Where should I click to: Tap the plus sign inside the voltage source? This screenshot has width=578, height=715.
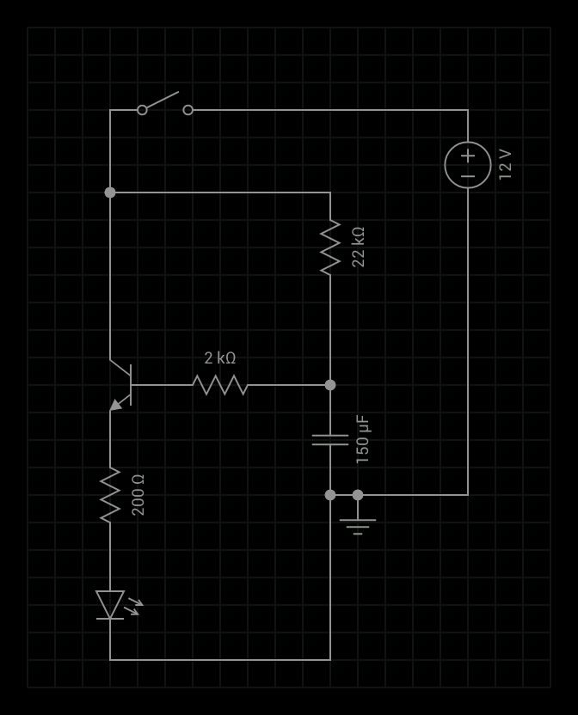tap(468, 156)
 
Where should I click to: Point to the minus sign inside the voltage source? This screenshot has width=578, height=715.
tap(468, 176)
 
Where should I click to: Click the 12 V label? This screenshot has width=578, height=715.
tap(505, 165)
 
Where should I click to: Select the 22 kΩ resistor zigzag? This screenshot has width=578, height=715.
tap(330, 247)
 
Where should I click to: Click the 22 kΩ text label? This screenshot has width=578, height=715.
tap(359, 247)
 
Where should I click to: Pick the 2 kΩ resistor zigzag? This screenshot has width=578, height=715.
tap(220, 385)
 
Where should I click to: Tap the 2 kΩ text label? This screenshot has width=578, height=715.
tap(220, 358)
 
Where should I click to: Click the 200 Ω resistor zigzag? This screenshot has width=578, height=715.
tap(110, 495)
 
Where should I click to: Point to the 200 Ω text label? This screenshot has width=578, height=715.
tap(138, 495)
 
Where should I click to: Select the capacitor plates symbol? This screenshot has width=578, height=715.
tap(330, 440)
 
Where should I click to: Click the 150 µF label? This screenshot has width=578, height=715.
tap(362, 439)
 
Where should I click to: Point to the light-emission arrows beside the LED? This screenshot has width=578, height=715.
tap(133, 606)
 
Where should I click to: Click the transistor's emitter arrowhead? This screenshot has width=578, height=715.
tap(115, 405)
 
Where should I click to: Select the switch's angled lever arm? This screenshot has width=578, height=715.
tap(162, 100)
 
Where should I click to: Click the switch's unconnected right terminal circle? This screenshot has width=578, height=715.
tap(188, 110)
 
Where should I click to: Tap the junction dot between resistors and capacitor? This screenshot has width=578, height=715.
tap(330, 385)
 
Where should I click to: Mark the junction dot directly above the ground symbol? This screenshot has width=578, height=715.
tap(358, 495)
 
